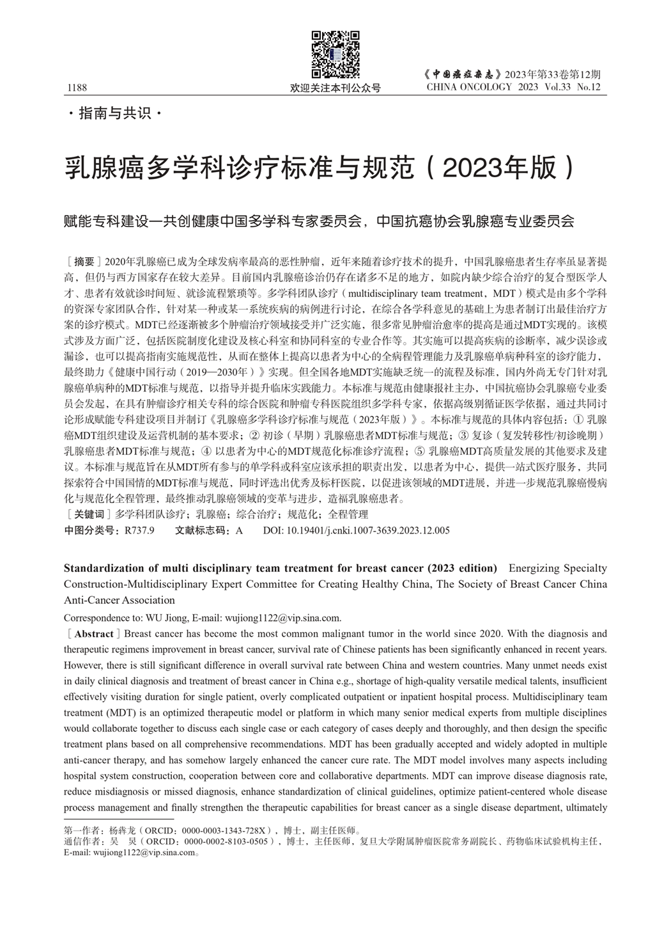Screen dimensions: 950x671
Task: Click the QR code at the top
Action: (x=335, y=55)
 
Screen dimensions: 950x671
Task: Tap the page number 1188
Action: (x=75, y=88)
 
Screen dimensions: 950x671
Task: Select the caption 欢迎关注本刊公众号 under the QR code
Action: (x=335, y=88)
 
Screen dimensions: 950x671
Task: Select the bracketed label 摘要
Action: (x=84, y=262)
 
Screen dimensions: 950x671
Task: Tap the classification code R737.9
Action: (x=139, y=530)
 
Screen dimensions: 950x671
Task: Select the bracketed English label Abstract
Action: (x=94, y=634)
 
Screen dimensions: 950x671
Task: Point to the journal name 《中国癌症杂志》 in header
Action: (x=463, y=74)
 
